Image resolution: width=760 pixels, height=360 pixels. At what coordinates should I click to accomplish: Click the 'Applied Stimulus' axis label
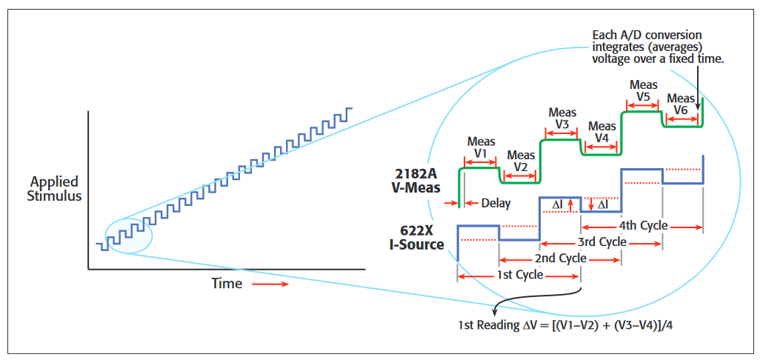pyautogui.click(x=54, y=189)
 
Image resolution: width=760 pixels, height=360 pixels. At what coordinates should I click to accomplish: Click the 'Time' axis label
pyautogui.click(x=227, y=283)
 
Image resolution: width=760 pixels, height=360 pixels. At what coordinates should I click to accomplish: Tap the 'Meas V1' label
pyautogui.click(x=481, y=147)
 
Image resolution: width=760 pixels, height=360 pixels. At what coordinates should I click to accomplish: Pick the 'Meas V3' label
pyautogui.click(x=562, y=119)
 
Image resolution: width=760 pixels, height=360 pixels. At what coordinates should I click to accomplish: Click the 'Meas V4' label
pyautogui.click(x=601, y=133)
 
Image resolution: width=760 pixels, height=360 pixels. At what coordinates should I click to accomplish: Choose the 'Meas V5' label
pyautogui.click(x=643, y=91)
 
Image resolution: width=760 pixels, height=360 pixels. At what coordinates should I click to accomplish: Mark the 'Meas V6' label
pyautogui.click(x=681, y=104)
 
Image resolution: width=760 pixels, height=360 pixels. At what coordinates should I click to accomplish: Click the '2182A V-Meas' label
pyautogui.click(x=418, y=180)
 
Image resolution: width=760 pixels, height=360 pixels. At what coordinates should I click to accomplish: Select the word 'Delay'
pyautogui.click(x=496, y=203)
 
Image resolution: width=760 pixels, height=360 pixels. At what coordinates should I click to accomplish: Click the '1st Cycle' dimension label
pyautogui.click(x=519, y=275)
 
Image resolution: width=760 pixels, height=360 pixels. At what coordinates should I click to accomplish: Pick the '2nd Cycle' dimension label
pyautogui.click(x=561, y=259)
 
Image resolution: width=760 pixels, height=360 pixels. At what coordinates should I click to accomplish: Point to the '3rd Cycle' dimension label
pyautogui.click(x=601, y=242)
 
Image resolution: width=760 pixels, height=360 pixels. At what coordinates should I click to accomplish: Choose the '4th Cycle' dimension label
pyautogui.click(x=643, y=226)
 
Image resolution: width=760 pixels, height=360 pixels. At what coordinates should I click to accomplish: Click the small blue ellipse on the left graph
pyautogui.click(x=129, y=236)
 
